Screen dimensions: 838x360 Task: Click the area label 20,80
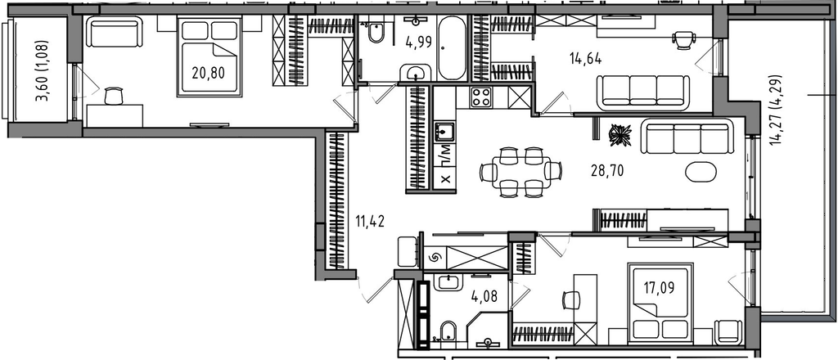[209, 72]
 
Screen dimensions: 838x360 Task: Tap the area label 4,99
[417, 42]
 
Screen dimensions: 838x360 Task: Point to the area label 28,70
[607, 171]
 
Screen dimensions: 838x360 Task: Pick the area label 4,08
[485, 296]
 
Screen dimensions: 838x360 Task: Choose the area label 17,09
[658, 289]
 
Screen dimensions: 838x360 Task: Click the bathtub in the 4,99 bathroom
[452, 47]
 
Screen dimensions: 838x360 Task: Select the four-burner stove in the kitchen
[481, 97]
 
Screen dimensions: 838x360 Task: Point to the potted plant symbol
[619, 134]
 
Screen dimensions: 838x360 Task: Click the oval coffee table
[701, 172]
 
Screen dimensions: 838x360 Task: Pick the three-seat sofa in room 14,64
[643, 89]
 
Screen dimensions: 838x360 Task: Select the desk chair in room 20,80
[114, 96]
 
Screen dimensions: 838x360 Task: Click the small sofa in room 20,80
[114, 32]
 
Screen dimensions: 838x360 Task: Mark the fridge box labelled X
[445, 179]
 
